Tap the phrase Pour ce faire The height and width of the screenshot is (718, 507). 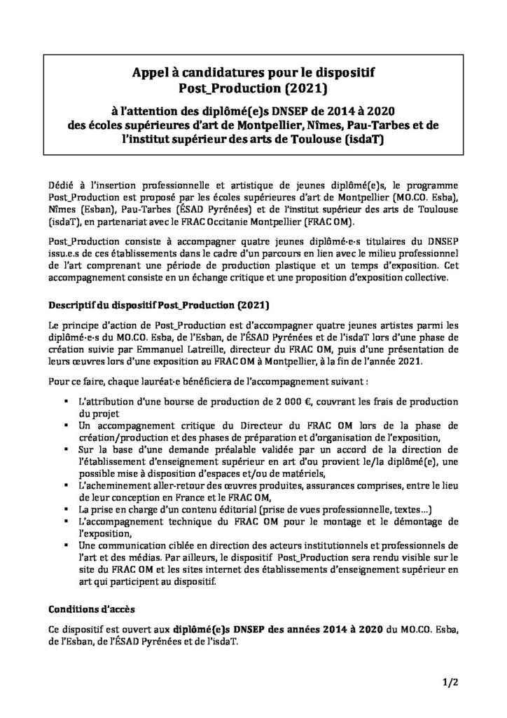pos(78,381)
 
